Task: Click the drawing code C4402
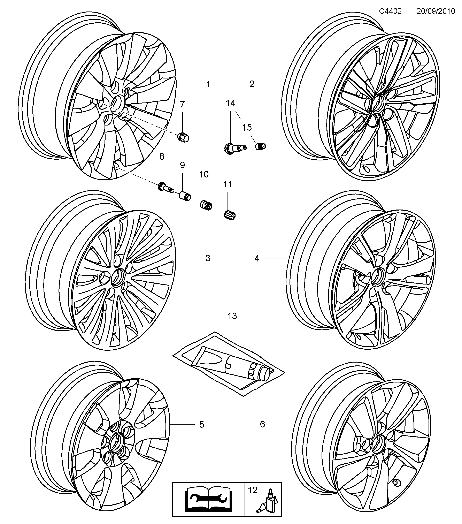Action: (x=390, y=11)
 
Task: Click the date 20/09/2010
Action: (x=435, y=11)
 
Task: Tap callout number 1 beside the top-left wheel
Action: (x=208, y=84)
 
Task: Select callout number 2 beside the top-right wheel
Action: (x=252, y=84)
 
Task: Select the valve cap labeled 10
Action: (x=206, y=205)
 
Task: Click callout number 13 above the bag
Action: (x=232, y=316)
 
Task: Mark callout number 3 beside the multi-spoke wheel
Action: (x=208, y=258)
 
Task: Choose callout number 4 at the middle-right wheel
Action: (x=257, y=258)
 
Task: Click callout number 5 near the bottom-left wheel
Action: (x=202, y=424)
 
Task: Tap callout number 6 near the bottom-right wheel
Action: (x=262, y=424)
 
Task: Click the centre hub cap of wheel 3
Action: (x=118, y=277)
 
